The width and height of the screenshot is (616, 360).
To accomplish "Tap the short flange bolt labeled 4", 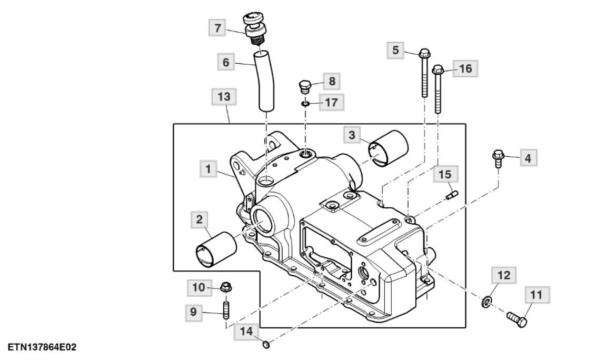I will pos(498,158).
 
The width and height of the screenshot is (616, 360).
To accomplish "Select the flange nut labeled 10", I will pos(227,288).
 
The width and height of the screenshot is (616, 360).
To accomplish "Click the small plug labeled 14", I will pos(266,345).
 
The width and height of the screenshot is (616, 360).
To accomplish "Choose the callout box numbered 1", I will pos(209,169).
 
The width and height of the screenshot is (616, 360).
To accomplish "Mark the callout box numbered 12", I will pos(503,275).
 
